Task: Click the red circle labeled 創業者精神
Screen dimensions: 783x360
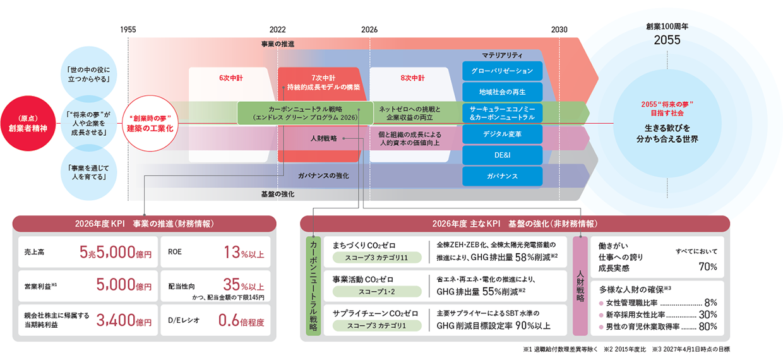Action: point(28,123)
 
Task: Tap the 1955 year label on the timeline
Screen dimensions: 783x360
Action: point(128,30)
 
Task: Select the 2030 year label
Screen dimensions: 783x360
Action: point(559,30)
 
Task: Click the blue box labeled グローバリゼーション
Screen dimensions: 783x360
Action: point(502,71)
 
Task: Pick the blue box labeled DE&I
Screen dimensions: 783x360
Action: point(502,155)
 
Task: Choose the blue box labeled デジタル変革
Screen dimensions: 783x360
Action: point(502,134)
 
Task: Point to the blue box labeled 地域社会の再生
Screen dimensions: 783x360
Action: point(502,92)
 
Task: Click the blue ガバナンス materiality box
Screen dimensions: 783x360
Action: point(502,176)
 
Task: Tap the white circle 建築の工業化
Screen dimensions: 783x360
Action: point(150,123)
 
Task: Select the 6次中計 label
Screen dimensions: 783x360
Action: point(230,78)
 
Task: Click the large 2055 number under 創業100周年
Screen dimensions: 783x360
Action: point(667,40)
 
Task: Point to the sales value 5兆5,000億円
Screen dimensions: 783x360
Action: point(116,252)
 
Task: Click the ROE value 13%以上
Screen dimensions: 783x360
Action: point(244,252)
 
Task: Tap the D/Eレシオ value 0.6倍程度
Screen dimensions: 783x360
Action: point(241,320)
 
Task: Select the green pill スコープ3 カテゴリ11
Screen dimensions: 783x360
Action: point(376,258)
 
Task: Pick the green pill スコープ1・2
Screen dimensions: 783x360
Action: point(376,292)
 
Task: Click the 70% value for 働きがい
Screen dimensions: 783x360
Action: point(708,267)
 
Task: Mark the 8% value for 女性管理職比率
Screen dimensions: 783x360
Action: point(710,303)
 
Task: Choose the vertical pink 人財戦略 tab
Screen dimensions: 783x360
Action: point(580,286)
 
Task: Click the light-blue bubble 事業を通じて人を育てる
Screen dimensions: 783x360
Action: point(89,172)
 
